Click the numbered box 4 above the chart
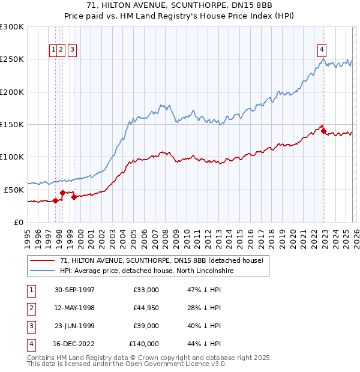[322, 50]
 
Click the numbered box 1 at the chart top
[54, 50]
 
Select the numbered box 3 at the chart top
[72, 50]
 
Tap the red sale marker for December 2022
[324, 131]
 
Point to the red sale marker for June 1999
[74, 196]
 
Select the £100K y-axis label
[12, 157]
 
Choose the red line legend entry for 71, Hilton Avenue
[161, 260]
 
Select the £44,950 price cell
[144, 308]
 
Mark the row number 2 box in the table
[31, 308]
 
